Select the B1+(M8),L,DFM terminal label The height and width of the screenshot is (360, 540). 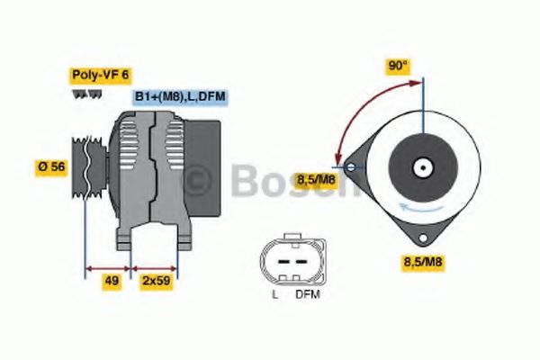click(178, 96)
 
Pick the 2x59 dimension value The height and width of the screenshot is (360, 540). click(155, 281)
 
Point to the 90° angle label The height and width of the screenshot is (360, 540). click(398, 66)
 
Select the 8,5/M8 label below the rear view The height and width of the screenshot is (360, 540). click(421, 263)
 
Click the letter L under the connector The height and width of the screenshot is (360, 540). click(274, 294)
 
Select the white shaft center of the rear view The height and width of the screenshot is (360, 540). click(421, 167)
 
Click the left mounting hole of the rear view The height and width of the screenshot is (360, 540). click(350, 166)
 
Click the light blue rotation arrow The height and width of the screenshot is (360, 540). click(418, 211)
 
